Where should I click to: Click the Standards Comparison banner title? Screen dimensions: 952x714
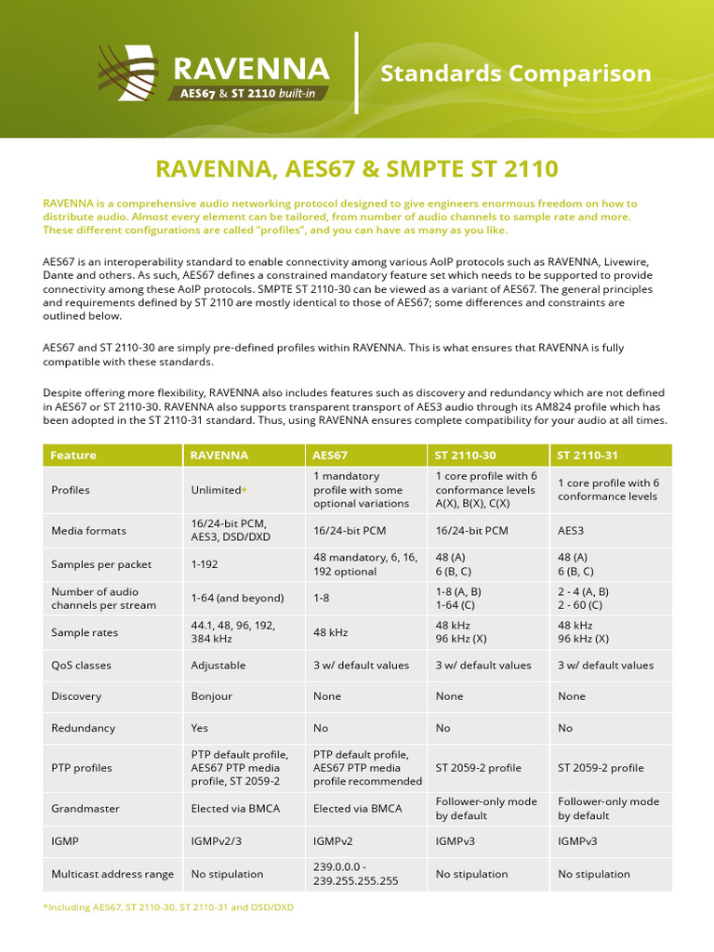pyautogui.click(x=516, y=73)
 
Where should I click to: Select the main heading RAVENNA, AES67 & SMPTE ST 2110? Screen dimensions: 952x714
pyautogui.click(x=357, y=168)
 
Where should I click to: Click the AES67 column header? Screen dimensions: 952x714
pyautogui.click(x=331, y=456)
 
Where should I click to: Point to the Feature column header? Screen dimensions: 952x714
pyautogui.click(x=73, y=456)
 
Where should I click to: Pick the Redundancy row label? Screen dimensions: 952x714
pyautogui.click(x=84, y=728)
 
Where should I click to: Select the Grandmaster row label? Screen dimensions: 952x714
pyautogui.click(x=86, y=809)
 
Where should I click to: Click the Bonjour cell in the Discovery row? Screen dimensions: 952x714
pyautogui.click(x=212, y=696)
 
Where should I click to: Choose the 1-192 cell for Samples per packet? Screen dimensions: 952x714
pyautogui.click(x=206, y=564)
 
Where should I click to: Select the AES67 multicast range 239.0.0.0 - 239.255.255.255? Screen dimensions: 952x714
pyautogui.click(x=356, y=874)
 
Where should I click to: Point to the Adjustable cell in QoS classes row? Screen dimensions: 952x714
pyautogui.click(x=218, y=666)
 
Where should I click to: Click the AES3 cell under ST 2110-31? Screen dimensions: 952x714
pyautogui.click(x=571, y=531)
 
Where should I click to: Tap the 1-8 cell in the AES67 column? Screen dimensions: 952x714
pyautogui.click(x=322, y=598)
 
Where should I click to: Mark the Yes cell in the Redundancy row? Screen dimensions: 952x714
pyautogui.click(x=200, y=728)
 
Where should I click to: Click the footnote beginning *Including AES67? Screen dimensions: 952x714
pyautogui.click(x=167, y=906)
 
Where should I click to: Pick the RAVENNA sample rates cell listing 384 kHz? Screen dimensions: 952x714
pyautogui.click(x=233, y=632)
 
